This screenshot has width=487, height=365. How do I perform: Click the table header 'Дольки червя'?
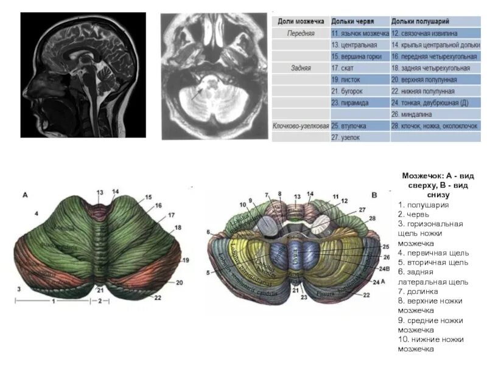tap(352, 21)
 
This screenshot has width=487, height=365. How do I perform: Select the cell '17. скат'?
tap(344, 68)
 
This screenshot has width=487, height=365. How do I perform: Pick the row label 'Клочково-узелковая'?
tap(300, 125)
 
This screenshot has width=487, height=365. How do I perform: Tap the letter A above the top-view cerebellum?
tap(25, 195)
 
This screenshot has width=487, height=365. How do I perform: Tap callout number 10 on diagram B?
tap(242, 204)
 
